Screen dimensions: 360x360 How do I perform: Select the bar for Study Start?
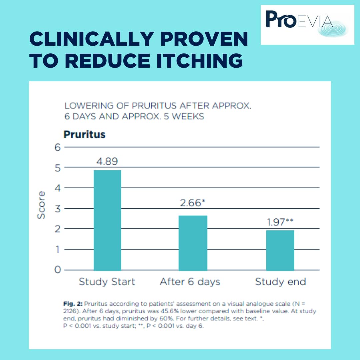coord(107,220)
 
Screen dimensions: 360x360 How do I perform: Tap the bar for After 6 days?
coord(193,243)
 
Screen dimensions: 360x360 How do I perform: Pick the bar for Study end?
coord(280,250)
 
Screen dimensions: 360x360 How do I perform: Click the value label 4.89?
coord(107,161)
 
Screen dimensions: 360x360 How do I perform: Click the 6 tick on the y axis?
coord(58,147)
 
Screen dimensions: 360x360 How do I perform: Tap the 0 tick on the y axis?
coord(58,270)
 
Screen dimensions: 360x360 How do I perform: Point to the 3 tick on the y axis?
coord(58,209)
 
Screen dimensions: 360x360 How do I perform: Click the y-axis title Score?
coord(41,205)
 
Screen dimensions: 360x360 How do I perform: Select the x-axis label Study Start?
coord(107,282)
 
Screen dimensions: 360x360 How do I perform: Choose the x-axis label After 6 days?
coord(190,282)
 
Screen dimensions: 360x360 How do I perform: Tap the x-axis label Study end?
coord(280,282)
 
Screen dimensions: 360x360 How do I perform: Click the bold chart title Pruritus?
coord(84,135)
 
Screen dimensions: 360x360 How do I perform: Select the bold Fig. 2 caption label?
coord(73,304)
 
